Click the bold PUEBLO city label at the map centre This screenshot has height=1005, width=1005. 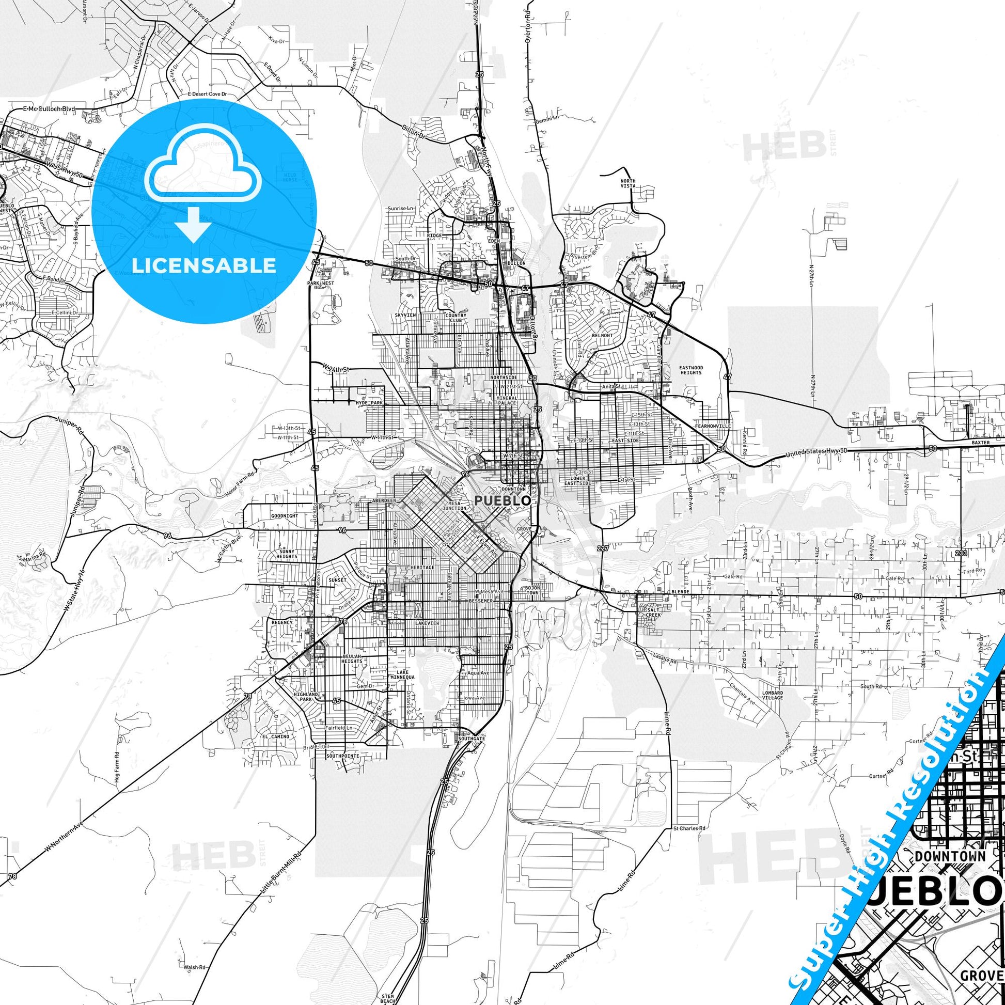[x=502, y=500]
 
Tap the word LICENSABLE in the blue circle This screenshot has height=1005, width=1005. [x=204, y=266]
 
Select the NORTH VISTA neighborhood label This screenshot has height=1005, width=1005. [x=628, y=183]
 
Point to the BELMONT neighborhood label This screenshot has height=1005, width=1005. [x=602, y=336]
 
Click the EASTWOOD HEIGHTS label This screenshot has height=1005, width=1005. [x=691, y=370]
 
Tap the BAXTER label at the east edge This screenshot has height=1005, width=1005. [x=981, y=443]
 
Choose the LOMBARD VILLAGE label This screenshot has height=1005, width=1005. [x=773, y=695]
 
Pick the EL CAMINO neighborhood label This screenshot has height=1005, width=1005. [x=276, y=736]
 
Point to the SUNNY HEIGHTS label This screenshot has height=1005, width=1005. [x=287, y=554]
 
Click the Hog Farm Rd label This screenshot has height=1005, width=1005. [x=117, y=765]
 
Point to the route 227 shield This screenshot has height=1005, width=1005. [x=602, y=548]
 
